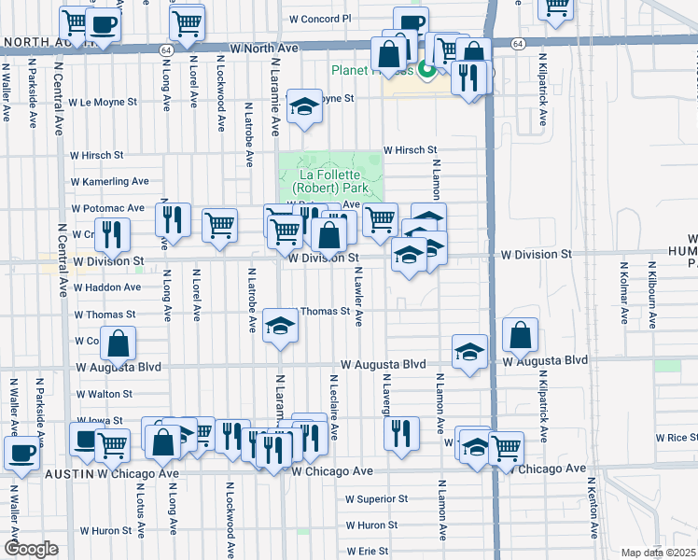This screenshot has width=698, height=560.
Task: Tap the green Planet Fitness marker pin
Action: [427, 69]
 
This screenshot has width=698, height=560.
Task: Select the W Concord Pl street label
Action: [320, 18]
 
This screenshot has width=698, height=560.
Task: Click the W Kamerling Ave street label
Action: [110, 181]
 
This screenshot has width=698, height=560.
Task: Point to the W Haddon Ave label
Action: [106, 287]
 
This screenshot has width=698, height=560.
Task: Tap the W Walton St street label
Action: [104, 395]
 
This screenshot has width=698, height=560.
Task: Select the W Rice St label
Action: [677, 438]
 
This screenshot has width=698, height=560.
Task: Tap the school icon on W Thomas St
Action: [279, 326]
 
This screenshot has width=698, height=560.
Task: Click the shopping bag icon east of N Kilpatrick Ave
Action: [520, 335]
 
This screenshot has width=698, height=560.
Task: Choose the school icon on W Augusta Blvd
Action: [469, 351]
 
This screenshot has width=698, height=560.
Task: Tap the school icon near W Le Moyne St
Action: [303, 107]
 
